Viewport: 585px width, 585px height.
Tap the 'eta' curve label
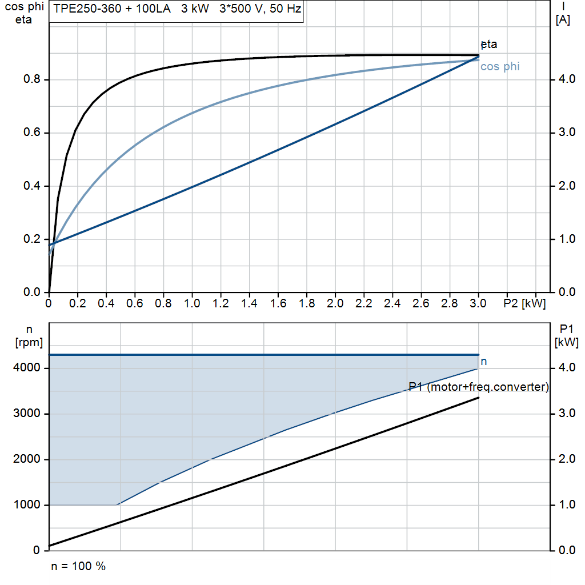(x=489, y=44)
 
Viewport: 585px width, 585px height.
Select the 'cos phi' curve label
(x=500, y=67)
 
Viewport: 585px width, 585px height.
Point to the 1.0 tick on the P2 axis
(x=192, y=303)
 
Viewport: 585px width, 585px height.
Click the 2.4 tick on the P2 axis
(x=392, y=303)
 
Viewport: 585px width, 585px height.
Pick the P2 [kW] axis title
(x=524, y=303)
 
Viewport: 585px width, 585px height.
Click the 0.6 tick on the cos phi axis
(x=31, y=133)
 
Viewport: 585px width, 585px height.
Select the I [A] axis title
(x=563, y=13)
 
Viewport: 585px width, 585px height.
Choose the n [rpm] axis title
(x=29, y=335)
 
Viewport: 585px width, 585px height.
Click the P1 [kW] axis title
(x=567, y=335)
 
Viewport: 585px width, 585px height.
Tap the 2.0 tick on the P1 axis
(x=567, y=459)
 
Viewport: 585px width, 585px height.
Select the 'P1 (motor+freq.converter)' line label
(x=479, y=387)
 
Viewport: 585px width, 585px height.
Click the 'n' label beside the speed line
(x=484, y=362)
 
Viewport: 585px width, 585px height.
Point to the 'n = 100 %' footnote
(x=78, y=567)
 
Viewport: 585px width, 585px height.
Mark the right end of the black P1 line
(x=478, y=397)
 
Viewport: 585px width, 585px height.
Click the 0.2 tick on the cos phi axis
(x=31, y=239)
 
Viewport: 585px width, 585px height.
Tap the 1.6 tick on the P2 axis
(x=278, y=303)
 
